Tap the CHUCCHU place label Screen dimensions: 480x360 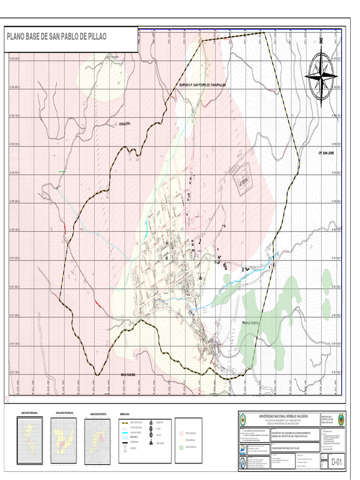click(124, 124)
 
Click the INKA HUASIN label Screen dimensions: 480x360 click(131, 375)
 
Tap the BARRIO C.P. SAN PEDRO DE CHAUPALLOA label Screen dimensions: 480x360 click(202, 85)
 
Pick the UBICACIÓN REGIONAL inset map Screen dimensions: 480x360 click(30, 435)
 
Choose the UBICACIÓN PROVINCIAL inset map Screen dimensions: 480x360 click(63, 436)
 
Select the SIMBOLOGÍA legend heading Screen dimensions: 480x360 click(124, 414)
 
